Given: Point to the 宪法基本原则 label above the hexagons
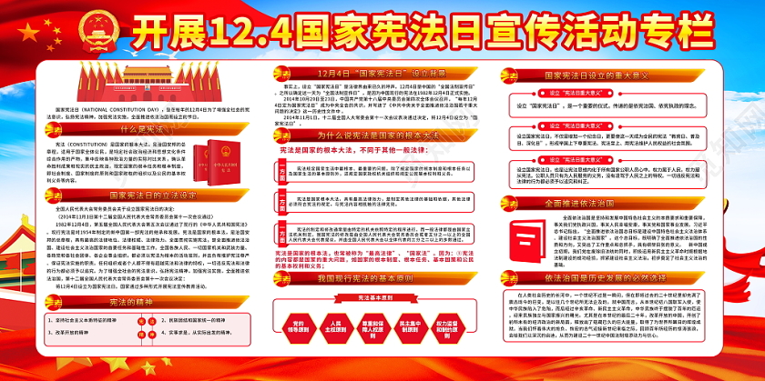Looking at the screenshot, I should click(374, 297).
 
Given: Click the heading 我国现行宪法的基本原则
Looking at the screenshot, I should click(374, 280).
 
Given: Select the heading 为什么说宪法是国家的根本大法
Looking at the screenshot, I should click(373, 133).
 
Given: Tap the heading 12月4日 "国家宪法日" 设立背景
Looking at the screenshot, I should click(374, 71).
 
